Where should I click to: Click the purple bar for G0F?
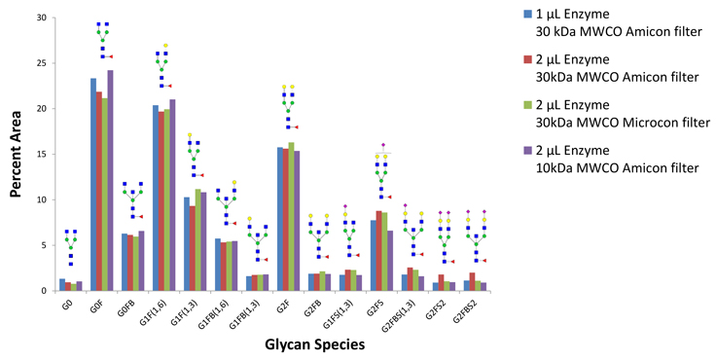point(111,180)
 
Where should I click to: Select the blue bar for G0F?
point(93,185)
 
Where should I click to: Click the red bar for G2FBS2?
point(473,281)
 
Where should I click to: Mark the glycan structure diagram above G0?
point(69,247)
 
